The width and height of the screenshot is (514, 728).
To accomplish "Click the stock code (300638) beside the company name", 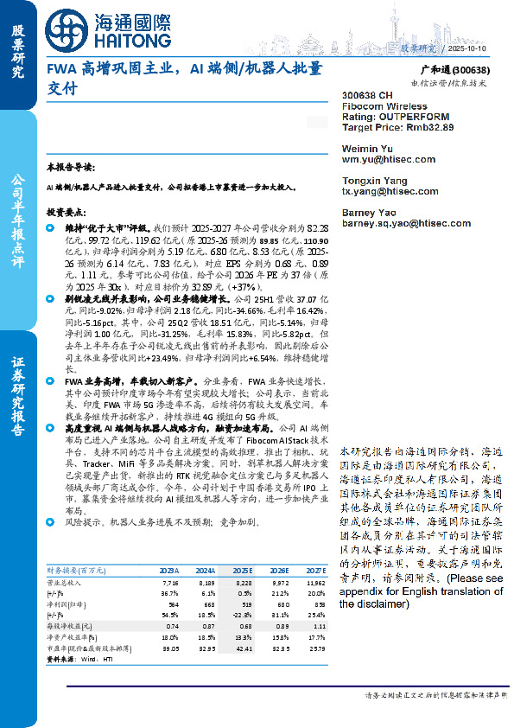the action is coord(471,70).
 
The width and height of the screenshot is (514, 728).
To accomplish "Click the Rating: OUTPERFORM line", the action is coord(394,116).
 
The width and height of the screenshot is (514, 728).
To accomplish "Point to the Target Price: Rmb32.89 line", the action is coord(397,126).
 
